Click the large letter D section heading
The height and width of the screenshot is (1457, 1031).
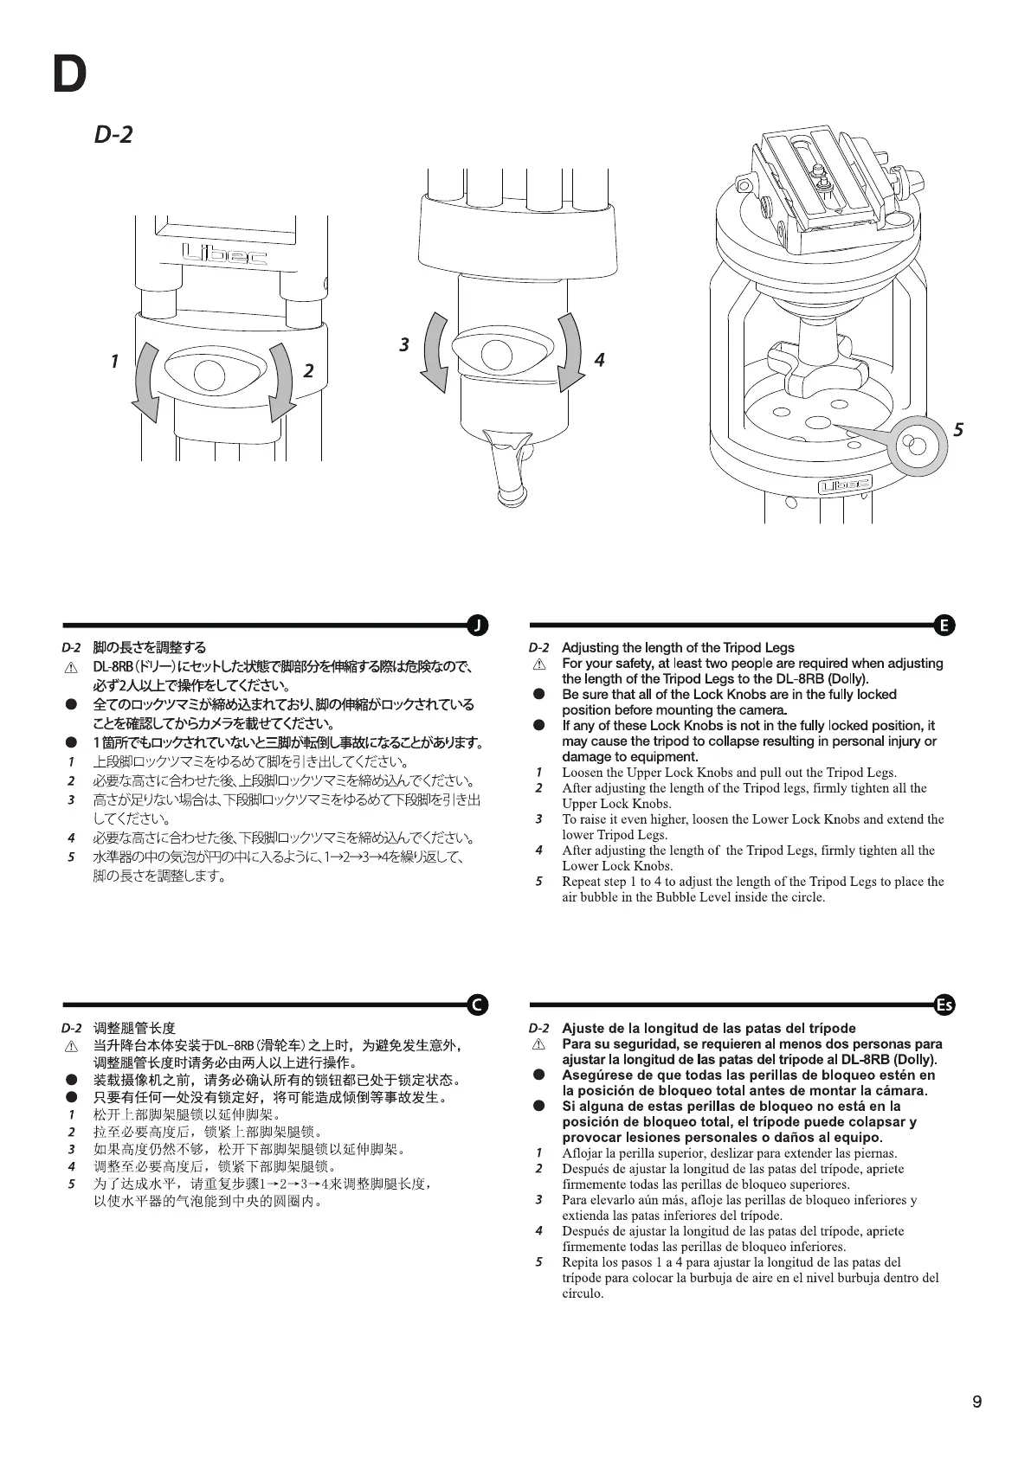tap(69, 75)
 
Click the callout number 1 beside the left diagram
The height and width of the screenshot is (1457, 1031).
tap(114, 360)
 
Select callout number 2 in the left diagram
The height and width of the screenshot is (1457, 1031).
tap(308, 371)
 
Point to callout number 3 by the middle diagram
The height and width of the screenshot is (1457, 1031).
tap(403, 344)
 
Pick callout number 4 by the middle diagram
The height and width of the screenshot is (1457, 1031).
tap(598, 359)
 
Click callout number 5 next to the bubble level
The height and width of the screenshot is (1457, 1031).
tap(958, 429)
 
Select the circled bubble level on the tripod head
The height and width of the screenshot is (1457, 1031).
tap(915, 446)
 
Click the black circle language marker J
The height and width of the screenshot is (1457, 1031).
tap(477, 625)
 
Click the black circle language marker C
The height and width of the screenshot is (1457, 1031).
tap(477, 1004)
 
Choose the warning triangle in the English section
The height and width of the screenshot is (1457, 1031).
tap(538, 664)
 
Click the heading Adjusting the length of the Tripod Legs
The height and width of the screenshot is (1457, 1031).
tap(678, 647)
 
